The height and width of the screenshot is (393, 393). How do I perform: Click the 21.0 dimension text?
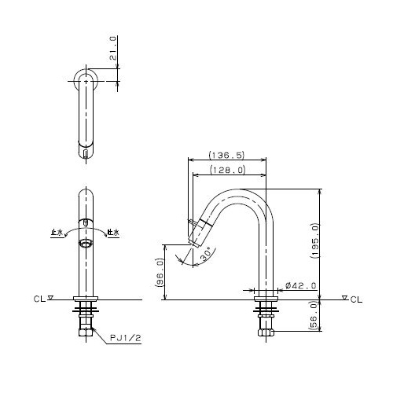click(x=113, y=49)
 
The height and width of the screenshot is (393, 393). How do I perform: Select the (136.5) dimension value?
click(x=227, y=155)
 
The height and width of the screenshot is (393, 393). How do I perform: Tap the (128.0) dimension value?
click(x=228, y=170)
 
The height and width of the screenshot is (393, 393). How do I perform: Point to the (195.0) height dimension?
click(x=314, y=241)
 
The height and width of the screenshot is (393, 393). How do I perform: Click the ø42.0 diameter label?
click(x=301, y=285)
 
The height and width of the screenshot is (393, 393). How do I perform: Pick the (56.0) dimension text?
click(x=314, y=315)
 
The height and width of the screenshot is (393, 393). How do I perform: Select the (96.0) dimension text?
click(x=160, y=273)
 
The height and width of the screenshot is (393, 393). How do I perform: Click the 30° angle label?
click(x=206, y=254)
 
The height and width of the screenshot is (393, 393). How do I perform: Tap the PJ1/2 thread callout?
click(x=126, y=338)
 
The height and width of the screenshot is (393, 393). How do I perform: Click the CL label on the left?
click(x=39, y=299)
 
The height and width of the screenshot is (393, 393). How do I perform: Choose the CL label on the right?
click(x=356, y=299)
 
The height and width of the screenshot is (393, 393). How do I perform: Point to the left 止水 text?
click(x=57, y=233)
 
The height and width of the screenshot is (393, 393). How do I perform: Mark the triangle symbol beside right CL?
click(x=345, y=298)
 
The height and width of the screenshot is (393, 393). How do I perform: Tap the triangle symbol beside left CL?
click(x=50, y=298)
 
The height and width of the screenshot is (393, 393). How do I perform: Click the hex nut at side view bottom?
click(x=266, y=332)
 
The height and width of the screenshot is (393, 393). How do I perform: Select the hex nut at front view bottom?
click(x=86, y=332)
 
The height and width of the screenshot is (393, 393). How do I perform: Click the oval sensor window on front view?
click(x=86, y=244)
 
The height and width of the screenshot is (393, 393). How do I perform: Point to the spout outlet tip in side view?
click(x=194, y=244)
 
